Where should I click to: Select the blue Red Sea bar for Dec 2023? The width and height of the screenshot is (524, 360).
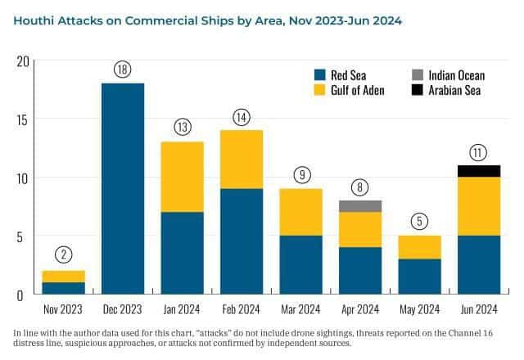tap(123, 188)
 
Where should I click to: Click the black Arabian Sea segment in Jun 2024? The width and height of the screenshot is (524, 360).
tap(478, 171)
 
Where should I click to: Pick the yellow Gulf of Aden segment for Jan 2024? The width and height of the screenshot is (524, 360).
tap(183, 177)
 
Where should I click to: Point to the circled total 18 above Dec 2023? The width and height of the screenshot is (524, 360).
tap(123, 70)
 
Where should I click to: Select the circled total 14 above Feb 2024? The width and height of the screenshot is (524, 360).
tap(242, 116)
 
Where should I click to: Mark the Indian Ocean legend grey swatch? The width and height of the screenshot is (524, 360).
tap(417, 75)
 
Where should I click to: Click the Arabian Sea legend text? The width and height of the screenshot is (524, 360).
tap(454, 90)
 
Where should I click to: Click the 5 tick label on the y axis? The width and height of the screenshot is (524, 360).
tap(25, 236)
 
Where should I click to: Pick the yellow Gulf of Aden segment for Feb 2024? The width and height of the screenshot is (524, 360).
tap(242, 160)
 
